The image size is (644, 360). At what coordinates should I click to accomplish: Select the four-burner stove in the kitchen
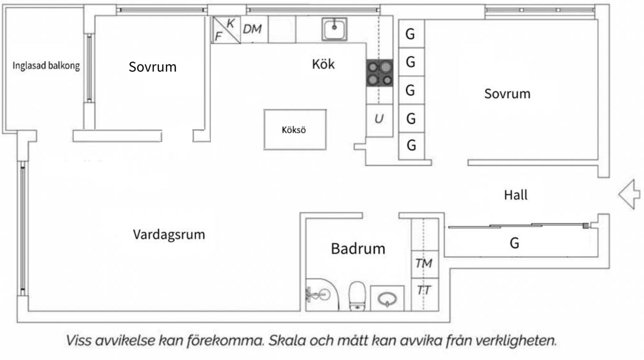[380, 73]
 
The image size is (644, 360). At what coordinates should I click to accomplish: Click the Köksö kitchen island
[295, 130]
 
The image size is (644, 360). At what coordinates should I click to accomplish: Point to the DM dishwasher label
[252, 29]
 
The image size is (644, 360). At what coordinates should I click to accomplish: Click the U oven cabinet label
[379, 119]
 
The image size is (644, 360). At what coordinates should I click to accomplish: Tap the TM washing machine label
[424, 263]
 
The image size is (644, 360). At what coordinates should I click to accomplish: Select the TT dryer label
[424, 290]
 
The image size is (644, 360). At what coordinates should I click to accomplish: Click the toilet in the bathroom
[357, 296]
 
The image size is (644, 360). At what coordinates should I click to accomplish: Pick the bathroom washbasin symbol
[387, 299]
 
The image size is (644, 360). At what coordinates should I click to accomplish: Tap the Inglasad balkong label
[46, 66]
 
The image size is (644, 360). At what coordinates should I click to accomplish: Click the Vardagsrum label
[169, 235]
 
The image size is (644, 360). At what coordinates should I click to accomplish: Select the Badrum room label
[358, 248]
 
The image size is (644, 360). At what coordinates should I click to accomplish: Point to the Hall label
[515, 195]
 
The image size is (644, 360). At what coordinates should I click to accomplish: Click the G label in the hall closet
[514, 243]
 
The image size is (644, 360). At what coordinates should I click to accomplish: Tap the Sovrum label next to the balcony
[153, 67]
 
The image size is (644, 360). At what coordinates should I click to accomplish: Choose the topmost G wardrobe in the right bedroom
[411, 34]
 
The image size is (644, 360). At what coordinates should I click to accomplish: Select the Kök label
[323, 64]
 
